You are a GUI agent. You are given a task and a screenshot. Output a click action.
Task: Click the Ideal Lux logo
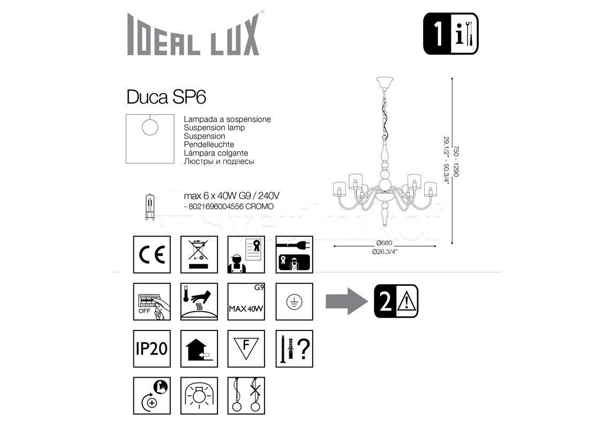[193, 34]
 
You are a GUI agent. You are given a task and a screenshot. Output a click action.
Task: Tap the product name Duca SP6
[166, 97]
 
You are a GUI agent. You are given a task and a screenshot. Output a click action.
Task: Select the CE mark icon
[152, 255]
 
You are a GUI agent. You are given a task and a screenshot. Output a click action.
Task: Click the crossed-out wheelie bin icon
[199, 255]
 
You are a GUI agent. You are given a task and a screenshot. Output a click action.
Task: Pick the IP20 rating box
[152, 349]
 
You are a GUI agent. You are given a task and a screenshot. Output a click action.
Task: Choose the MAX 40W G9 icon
[246, 301]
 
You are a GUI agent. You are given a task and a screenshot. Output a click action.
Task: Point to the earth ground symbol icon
[294, 301]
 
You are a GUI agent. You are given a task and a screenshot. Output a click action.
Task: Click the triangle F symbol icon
[246, 349]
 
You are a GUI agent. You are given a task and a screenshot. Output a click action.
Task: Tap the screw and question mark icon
[294, 349]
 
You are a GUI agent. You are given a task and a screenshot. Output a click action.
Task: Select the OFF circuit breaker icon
[152, 301]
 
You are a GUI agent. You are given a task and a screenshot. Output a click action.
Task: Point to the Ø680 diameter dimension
[384, 243]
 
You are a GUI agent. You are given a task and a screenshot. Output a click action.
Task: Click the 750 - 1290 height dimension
[456, 161]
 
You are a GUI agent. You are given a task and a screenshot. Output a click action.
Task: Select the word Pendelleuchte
[209, 144]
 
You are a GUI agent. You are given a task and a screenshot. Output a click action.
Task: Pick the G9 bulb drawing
[150, 207]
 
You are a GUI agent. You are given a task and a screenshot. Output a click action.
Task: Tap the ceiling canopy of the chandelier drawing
[385, 83]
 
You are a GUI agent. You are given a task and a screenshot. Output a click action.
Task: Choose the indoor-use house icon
[199, 349]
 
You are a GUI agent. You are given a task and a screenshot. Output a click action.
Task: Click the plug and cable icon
[294, 255]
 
